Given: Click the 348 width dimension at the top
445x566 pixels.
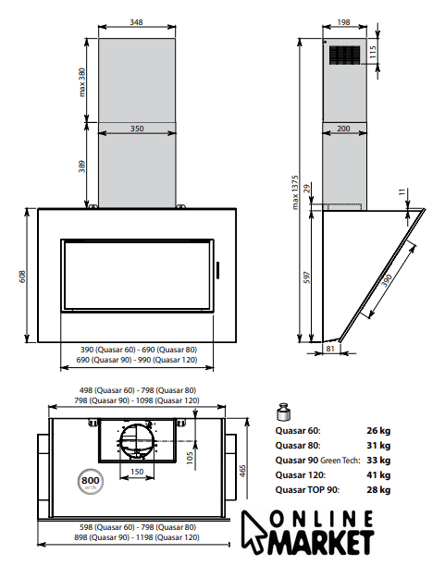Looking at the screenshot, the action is (x=136, y=22).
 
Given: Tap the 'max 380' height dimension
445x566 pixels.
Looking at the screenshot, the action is (x=82, y=82).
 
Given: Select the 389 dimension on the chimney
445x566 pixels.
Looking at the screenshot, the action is (x=82, y=166).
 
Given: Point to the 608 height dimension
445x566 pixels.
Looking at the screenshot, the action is (x=22, y=277).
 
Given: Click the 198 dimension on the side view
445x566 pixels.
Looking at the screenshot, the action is (x=343, y=22).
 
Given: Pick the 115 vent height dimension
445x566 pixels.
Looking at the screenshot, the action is (x=373, y=52).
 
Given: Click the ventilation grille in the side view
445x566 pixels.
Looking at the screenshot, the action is (x=344, y=55).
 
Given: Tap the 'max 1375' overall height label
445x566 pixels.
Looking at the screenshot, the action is (x=295, y=192).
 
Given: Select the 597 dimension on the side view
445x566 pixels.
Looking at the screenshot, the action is (x=307, y=277).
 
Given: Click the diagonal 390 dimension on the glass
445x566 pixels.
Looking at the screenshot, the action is (x=387, y=280).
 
